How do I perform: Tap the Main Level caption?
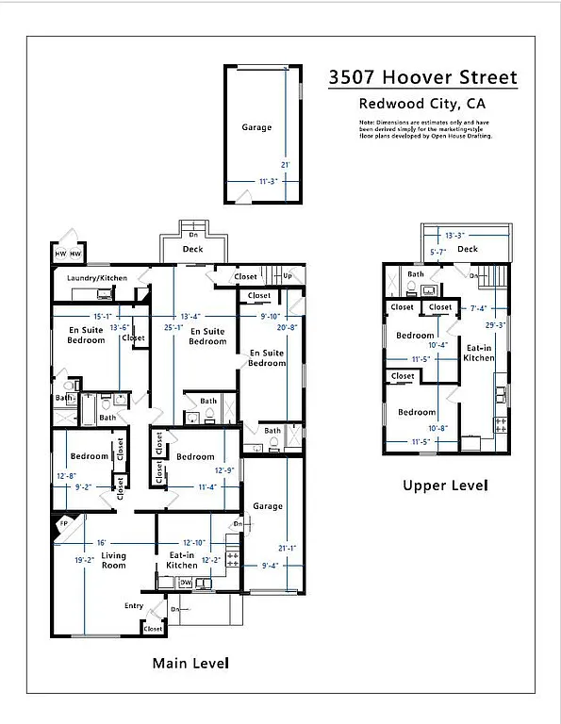point(191,664)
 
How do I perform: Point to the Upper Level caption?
point(445,485)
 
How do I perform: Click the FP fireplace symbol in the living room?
point(64,523)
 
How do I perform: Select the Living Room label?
point(114,560)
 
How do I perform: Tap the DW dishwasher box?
point(186,583)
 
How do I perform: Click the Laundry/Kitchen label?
point(96,278)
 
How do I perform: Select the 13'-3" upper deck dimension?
point(455,236)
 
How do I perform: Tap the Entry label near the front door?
point(135,606)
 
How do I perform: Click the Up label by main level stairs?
point(288,276)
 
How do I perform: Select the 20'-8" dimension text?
point(287,327)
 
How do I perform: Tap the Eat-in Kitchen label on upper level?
point(479,353)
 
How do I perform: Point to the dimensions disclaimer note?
point(425,129)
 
